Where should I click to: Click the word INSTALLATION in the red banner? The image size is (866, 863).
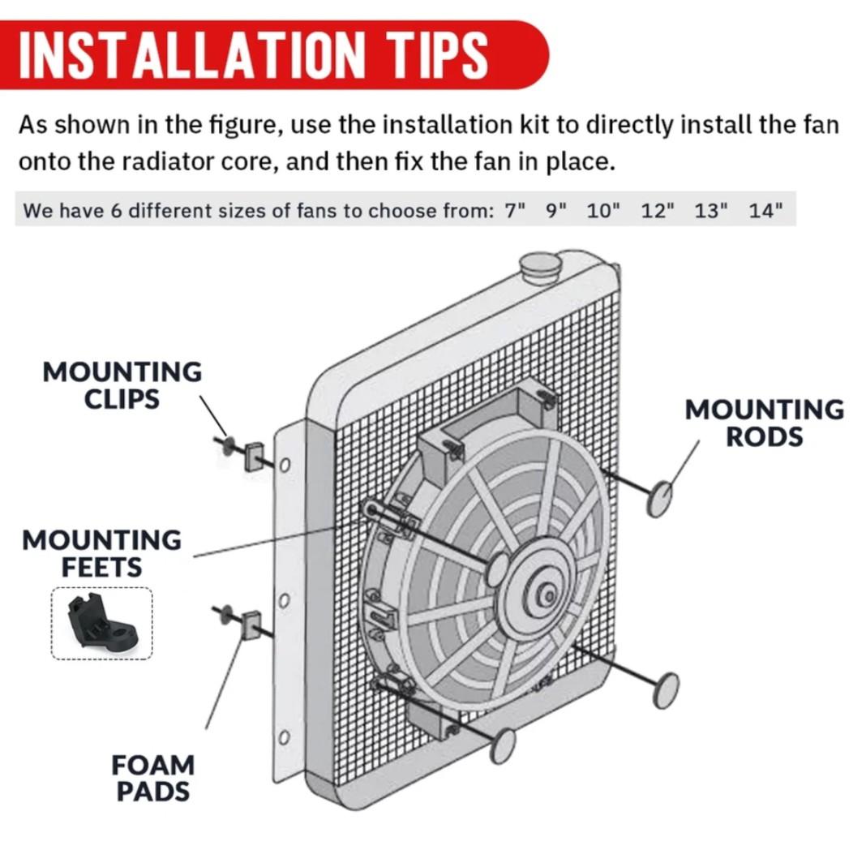tap(191, 54)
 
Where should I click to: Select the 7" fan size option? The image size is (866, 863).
tap(514, 211)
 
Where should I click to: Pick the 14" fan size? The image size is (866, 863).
tap(765, 211)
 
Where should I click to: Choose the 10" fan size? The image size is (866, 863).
tap(603, 211)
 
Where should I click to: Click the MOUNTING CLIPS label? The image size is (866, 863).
tap(122, 385)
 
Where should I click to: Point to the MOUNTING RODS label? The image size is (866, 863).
tap(765, 423)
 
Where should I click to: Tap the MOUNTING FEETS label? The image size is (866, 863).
tap(101, 554)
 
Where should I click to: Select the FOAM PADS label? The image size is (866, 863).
tap(153, 778)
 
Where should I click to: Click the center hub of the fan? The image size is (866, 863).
tap(547, 595)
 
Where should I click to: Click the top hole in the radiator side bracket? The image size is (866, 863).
tap(285, 466)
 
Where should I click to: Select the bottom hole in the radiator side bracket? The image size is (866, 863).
tap(284, 737)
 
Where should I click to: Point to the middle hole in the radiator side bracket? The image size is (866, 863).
tap(284, 600)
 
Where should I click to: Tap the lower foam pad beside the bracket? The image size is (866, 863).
tap(251, 625)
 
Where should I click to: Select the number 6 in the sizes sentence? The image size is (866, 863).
tap(116, 211)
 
